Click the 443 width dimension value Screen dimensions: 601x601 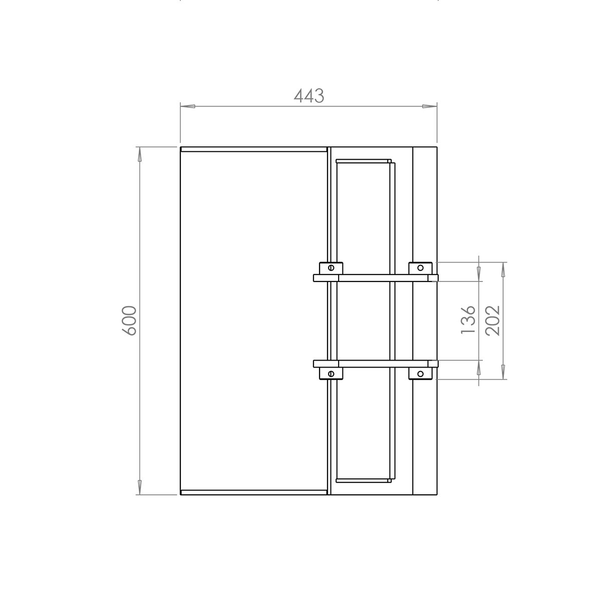309,96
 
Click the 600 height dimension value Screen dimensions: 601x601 129,321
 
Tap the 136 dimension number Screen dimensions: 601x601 468,320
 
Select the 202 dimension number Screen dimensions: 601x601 493,321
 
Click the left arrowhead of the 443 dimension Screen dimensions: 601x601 188,106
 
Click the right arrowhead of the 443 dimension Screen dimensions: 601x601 429,106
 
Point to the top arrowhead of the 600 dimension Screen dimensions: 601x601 139,154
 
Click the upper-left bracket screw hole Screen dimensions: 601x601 331,267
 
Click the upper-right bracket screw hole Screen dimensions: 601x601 420,267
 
